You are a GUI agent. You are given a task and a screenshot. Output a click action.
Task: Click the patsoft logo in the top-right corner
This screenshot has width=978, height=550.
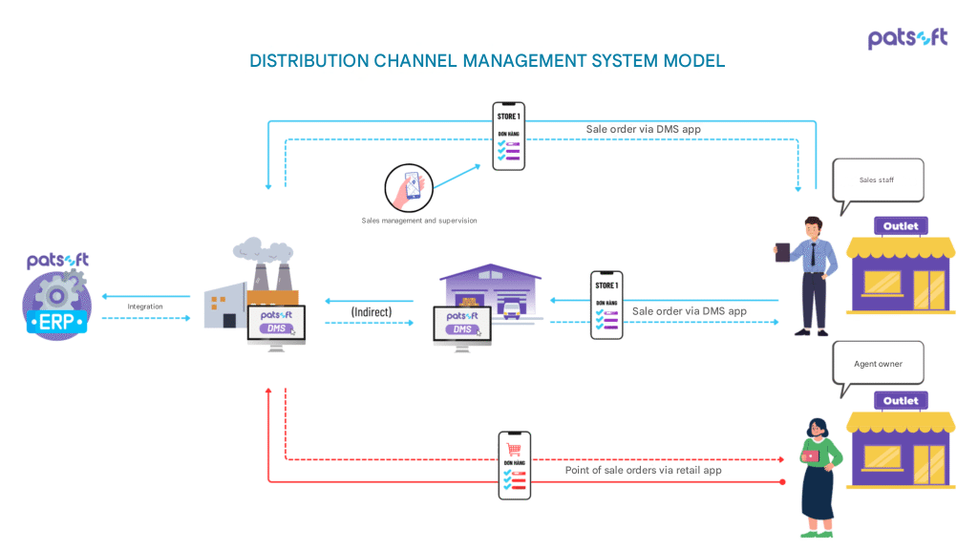(907, 38)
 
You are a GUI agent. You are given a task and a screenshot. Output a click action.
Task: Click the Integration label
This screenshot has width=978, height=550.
(145, 307)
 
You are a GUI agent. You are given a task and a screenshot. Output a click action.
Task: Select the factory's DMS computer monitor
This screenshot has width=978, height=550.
(276, 323)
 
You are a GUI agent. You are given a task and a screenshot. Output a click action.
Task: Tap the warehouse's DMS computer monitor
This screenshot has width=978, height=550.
(462, 325)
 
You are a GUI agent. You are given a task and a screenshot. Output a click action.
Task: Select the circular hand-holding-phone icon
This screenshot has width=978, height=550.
(409, 188)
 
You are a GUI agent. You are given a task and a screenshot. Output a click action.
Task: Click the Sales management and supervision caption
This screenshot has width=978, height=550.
(419, 221)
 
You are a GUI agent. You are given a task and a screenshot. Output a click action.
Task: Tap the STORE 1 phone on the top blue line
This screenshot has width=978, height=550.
(508, 136)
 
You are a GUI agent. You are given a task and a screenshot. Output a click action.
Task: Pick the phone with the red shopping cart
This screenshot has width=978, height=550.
(514, 465)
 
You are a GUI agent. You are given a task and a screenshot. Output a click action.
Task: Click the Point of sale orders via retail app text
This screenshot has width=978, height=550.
(643, 471)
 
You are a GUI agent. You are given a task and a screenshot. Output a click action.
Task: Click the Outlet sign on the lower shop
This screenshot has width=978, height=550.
(901, 401)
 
